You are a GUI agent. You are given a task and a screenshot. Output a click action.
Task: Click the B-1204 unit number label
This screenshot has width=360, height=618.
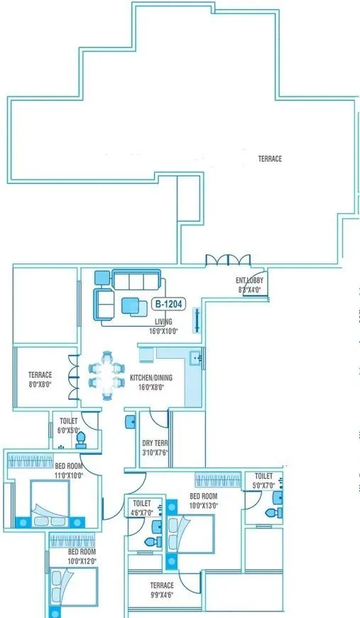point(169,305)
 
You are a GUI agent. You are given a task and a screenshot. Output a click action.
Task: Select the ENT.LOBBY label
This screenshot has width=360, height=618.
point(249,281)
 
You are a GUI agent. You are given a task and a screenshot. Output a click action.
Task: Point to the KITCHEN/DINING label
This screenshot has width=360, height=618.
point(147,378)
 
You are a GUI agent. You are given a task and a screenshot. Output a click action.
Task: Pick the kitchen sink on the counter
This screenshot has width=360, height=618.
point(196,358)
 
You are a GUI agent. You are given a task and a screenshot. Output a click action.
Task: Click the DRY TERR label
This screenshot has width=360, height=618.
point(156,443)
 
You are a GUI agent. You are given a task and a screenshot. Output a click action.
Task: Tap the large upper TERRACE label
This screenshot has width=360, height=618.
point(270,159)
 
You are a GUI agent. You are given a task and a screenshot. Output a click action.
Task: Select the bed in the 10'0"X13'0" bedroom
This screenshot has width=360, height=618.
point(192,533)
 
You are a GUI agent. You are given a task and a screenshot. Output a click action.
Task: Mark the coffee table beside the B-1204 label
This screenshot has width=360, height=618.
point(131,305)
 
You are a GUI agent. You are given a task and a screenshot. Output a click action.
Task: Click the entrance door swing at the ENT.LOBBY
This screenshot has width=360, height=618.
point(258,284)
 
